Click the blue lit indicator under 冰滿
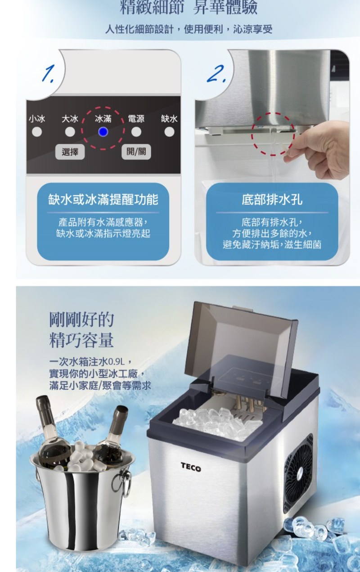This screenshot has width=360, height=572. click(103, 132)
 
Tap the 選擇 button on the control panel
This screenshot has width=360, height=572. click(70, 152)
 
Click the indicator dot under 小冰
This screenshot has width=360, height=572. click(37, 132)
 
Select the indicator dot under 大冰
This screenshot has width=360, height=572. click(70, 132)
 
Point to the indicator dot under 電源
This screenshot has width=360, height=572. click(136, 132)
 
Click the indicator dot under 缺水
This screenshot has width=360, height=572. click(169, 132)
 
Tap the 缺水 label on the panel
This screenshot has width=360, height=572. click(169, 119)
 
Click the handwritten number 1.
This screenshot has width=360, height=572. click(49, 73)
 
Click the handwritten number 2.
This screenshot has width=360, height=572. click(216, 74)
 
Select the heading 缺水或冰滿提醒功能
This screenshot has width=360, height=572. click(103, 200)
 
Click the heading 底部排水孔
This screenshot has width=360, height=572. click(272, 200)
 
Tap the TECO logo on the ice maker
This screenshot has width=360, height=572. click(191, 467)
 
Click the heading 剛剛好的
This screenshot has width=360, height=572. click(81, 320)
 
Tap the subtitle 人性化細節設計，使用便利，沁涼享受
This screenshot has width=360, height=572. click(189, 30)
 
